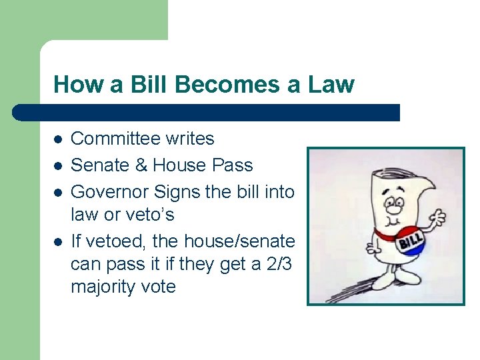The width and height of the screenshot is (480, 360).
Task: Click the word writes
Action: (191, 139)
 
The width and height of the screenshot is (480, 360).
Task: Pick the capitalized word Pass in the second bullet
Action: (233, 165)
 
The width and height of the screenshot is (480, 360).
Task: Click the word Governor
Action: (109, 192)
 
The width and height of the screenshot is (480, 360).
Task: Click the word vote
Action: (161, 287)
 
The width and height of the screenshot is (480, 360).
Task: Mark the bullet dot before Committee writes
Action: (58, 139)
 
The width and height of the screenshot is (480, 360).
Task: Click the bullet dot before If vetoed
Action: (58, 241)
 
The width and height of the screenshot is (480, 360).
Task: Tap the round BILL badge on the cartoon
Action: (412, 242)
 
